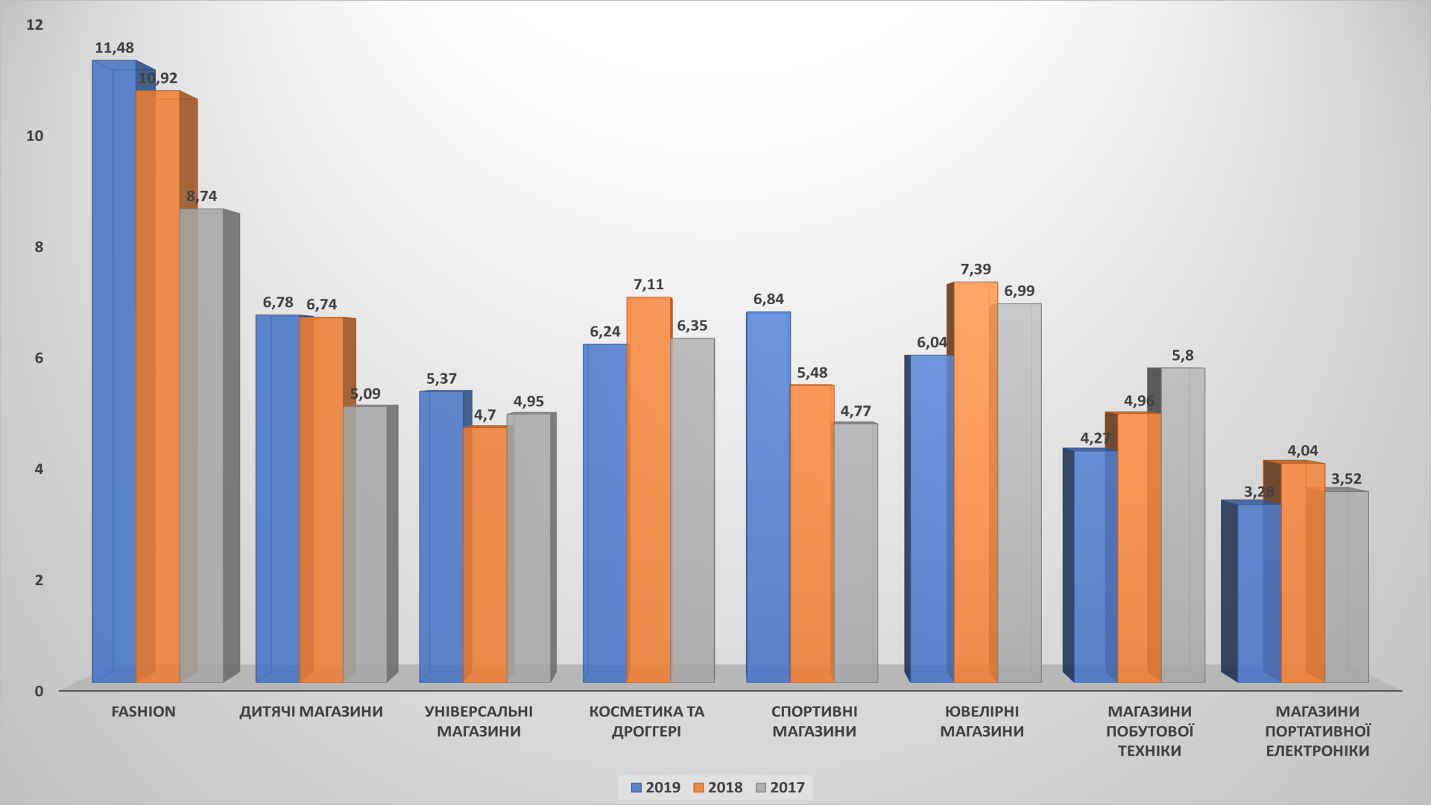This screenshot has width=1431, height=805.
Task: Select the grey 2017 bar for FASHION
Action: coord(202,447)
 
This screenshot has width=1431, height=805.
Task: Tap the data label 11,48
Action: coord(114,48)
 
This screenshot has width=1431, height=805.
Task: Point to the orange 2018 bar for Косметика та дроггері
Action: coord(648,492)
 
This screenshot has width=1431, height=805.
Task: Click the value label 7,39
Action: coord(976,269)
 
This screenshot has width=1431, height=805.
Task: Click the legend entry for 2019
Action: coord(655,787)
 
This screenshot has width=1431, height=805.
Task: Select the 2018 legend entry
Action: coord(718,787)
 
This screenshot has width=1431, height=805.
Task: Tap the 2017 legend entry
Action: coord(780,787)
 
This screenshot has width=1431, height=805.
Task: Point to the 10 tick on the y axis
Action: coord(35,136)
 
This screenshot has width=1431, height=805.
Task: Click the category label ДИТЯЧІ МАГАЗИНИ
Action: coord(311,712)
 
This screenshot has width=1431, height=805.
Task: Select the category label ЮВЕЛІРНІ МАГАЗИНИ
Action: coord(982,722)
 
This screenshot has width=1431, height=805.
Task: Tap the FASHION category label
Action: coord(143,712)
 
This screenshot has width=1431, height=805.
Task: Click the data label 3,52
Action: coord(1346,479)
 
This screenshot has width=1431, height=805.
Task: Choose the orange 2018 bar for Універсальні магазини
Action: coord(485,555)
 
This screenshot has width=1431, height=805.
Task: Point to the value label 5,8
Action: coord(1182,356)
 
